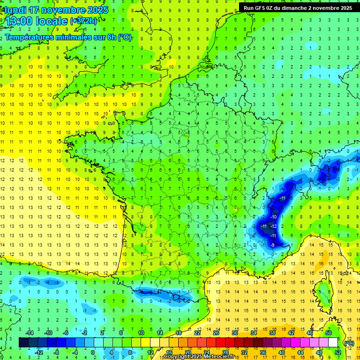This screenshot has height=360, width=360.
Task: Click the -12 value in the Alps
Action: click(273, 226)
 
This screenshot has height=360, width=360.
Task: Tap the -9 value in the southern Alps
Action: click(273, 245)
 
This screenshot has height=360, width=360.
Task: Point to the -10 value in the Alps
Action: click(274, 217)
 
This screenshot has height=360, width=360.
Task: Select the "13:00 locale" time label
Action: click(36, 21)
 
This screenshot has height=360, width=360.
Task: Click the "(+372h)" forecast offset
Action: click(84, 21)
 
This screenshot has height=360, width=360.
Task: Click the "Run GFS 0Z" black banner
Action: click(297, 7)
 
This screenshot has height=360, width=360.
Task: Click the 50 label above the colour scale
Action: click(329, 333)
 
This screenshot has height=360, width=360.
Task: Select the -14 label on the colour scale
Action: click(29, 333)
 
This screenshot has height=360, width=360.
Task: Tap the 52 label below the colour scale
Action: click(338, 352)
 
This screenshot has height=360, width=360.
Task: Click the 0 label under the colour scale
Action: click(93, 352)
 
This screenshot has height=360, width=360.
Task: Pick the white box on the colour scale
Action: click(333, 343)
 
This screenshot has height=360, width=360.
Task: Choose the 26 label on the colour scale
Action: click(216, 333)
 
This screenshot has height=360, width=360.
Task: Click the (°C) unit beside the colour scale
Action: click(349, 343)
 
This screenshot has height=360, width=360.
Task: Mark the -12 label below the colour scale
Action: click(39, 352)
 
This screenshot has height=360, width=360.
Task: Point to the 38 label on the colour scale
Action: click(272, 333)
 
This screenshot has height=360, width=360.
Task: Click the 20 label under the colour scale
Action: click(188, 352)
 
